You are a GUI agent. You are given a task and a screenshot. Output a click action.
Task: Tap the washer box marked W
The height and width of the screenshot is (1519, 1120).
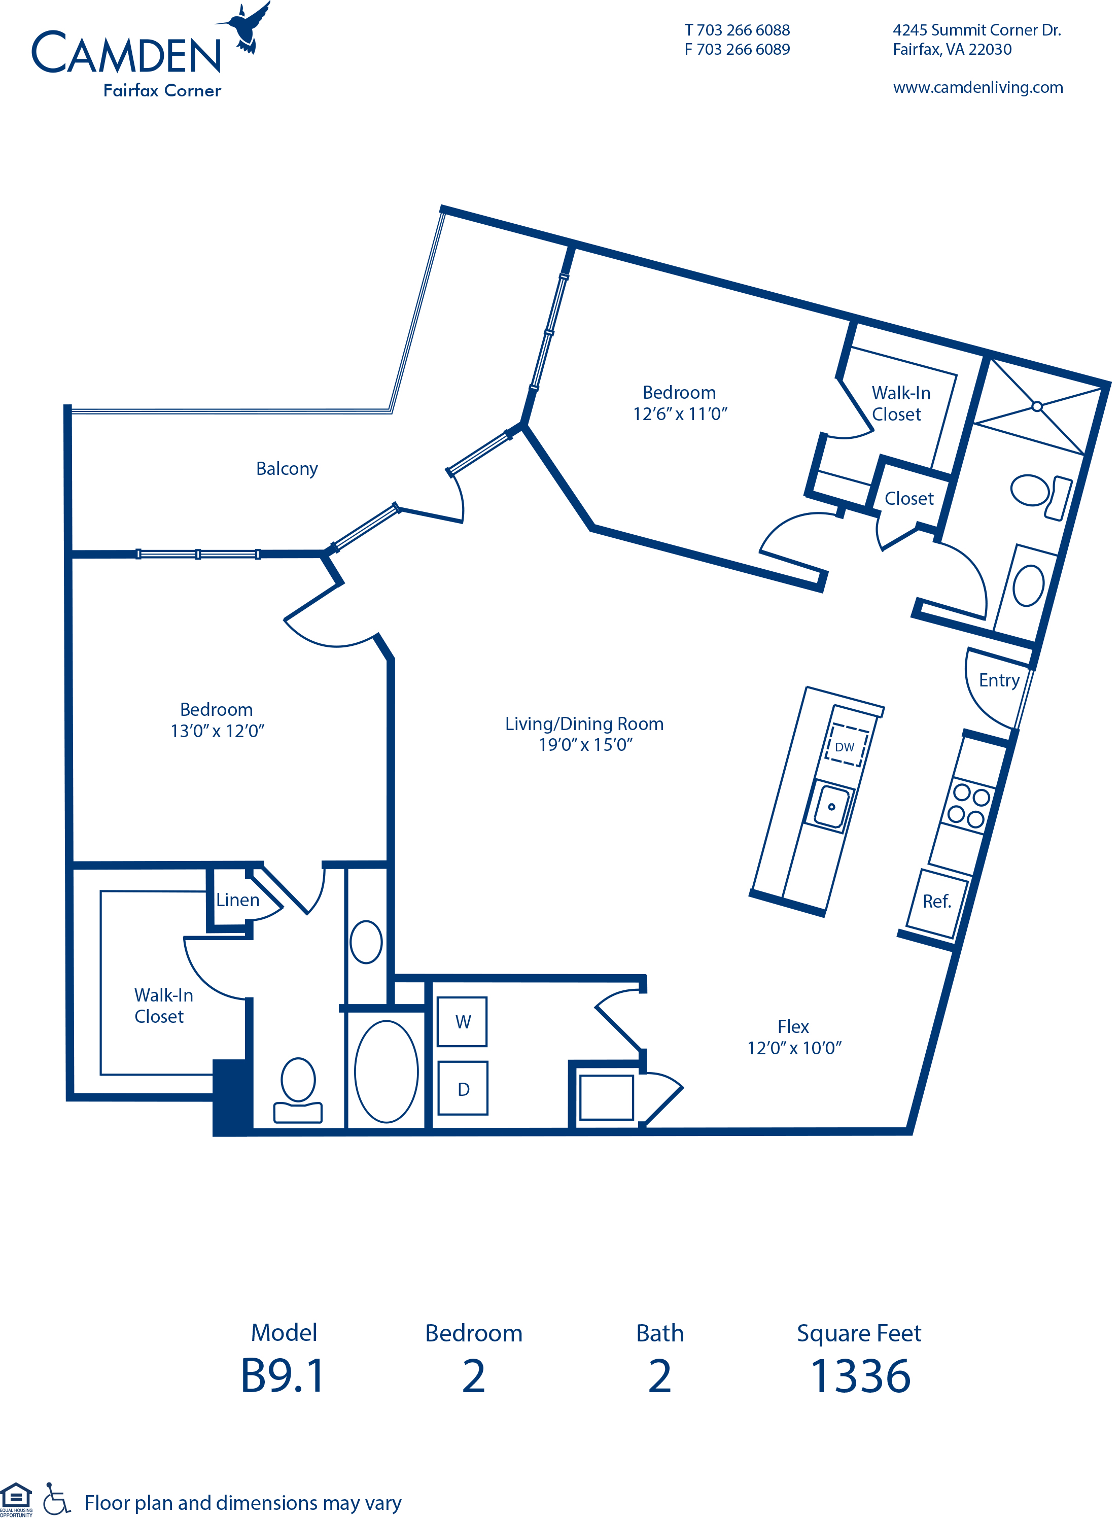coord(463,1022)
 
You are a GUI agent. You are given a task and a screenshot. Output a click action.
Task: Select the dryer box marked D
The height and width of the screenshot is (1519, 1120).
coord(463,1089)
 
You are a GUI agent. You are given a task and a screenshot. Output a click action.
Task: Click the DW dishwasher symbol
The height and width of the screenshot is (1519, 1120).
coord(846,747)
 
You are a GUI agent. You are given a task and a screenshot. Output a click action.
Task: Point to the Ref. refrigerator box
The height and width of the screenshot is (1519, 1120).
coord(937,902)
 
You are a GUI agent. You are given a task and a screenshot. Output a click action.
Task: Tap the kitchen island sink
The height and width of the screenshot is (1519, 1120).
coord(832,806)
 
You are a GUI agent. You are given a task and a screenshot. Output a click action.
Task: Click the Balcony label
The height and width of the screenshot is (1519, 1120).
coord(287,469)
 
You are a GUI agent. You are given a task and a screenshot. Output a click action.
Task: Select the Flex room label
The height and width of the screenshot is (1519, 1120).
coord(793,1027)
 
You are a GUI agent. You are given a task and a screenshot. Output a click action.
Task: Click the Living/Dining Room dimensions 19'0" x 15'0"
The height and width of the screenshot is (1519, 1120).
coord(586,745)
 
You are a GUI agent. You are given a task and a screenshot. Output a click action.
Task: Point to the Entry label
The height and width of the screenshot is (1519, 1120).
coord(999,680)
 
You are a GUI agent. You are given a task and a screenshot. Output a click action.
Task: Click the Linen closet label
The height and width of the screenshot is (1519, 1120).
coord(238,900)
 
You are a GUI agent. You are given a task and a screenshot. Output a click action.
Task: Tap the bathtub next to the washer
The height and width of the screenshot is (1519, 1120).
coord(387,1072)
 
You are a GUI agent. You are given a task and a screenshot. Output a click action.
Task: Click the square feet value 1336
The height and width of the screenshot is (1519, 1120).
coord(860,1376)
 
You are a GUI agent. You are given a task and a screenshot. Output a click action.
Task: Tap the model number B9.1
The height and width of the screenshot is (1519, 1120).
coord(284,1376)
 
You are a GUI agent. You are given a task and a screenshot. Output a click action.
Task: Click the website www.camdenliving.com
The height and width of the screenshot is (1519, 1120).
coord(977,87)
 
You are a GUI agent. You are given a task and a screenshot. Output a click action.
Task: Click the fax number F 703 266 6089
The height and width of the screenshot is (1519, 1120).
coord(737,50)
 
